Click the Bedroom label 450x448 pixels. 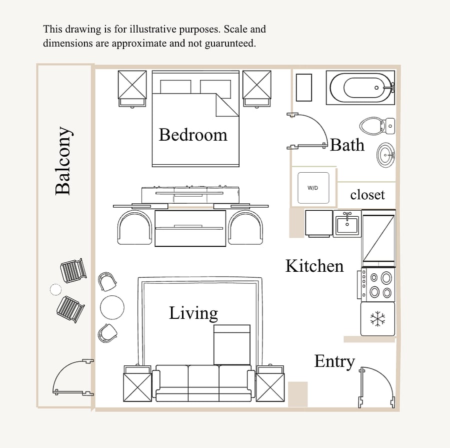point(193,135)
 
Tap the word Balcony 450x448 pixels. point(63,161)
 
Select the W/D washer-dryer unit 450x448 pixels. point(313,188)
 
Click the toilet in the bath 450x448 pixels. point(377,126)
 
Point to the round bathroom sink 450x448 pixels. point(385,155)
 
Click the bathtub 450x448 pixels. point(360,88)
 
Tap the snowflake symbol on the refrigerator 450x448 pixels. point(377,319)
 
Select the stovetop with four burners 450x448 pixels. point(376,284)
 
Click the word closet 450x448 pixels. point(367,195)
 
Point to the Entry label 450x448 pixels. point(334,361)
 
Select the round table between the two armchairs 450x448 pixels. point(112,307)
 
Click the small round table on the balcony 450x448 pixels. point(55,289)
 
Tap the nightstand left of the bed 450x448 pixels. point(132,89)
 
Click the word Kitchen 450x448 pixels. point(314,266)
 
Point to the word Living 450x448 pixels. point(193,313)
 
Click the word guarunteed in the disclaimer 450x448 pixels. point(230,44)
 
